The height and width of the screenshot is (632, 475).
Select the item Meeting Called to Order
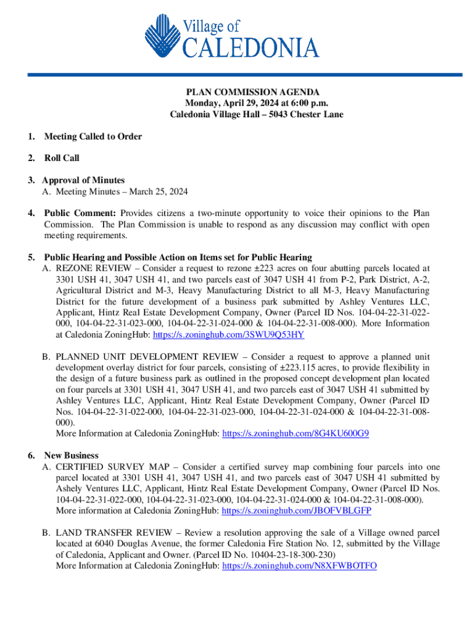[93, 136]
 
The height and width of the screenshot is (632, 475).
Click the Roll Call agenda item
[62, 159]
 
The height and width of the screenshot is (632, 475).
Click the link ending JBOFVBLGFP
[296, 511]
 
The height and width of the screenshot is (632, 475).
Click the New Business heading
[71, 455]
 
